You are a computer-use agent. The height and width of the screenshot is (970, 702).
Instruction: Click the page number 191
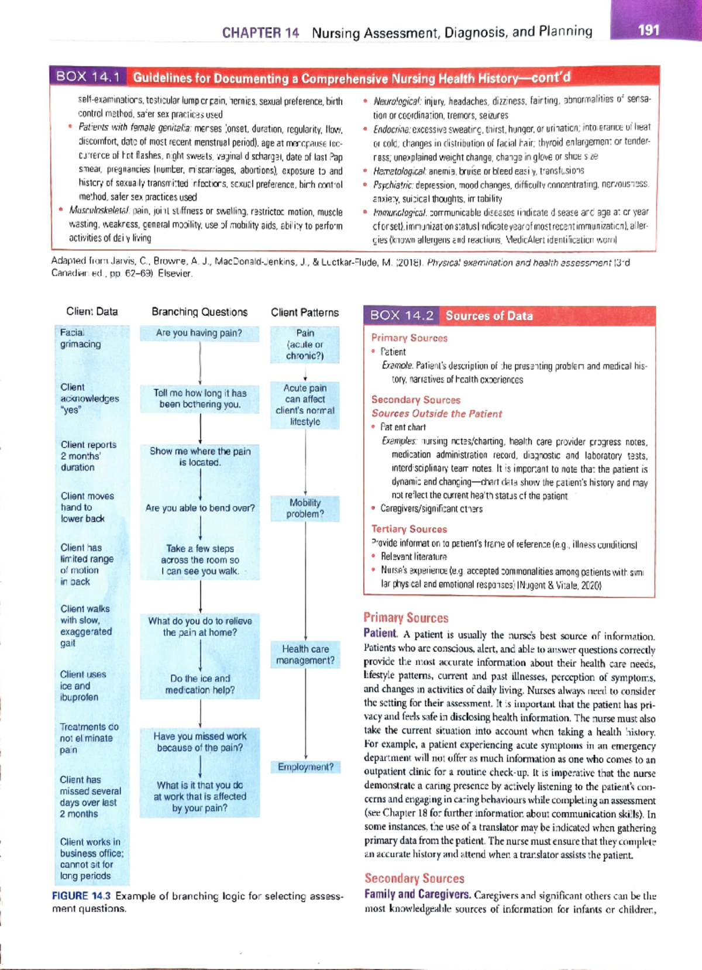649,30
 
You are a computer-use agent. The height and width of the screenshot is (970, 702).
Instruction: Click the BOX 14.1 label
88,77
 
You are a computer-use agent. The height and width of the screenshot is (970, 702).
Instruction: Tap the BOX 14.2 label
402,316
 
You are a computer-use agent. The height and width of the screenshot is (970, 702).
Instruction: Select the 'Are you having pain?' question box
199,333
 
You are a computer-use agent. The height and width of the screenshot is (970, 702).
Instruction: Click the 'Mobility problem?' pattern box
305,508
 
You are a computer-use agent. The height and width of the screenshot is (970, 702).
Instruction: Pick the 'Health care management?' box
305,655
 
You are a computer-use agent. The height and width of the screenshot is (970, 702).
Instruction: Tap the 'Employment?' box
305,767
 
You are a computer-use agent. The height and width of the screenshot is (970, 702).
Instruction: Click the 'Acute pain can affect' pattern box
305,405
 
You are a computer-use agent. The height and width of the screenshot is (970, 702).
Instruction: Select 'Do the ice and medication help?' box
199,684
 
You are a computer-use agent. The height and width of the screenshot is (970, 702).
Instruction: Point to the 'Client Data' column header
92,312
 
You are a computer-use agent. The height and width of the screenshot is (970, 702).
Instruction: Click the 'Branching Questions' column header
199,312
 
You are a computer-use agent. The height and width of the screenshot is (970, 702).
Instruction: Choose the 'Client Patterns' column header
305,312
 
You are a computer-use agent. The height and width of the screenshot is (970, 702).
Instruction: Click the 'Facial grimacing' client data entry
80,338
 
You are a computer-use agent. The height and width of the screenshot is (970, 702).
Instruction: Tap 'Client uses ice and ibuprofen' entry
82,686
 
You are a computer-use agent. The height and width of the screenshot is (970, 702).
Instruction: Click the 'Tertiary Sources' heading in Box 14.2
409,529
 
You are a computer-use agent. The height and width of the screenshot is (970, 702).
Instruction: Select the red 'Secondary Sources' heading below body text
414,878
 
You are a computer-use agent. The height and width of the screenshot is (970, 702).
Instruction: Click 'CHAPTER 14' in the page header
260,33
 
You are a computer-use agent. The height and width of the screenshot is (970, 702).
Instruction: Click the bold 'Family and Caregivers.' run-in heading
417,894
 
